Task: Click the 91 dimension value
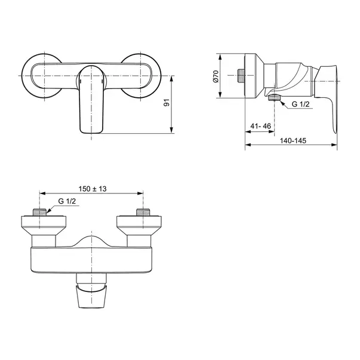click(x=167, y=103)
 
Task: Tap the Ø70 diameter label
click(x=216, y=76)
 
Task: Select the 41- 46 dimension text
click(x=260, y=126)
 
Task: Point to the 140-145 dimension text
click(x=293, y=140)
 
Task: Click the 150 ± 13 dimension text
click(x=93, y=189)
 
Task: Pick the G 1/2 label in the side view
click(x=300, y=104)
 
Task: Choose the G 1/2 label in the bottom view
click(x=67, y=201)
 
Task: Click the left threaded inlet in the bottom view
click(x=40, y=213)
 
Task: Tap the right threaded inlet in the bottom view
click(x=143, y=213)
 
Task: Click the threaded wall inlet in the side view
click(x=241, y=76)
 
